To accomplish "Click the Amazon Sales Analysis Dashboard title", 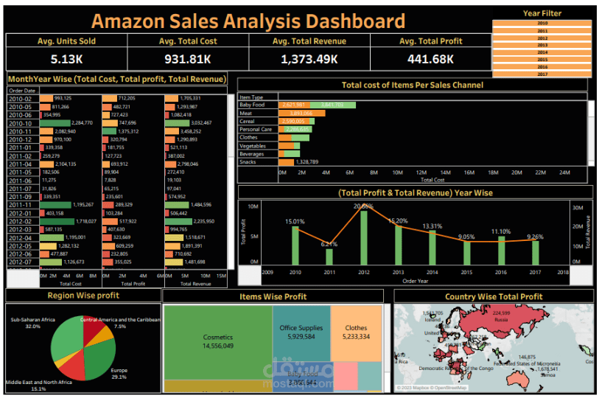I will pos(248,21).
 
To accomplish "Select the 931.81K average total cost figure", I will pos(188,59).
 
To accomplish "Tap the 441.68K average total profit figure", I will pos(430,59).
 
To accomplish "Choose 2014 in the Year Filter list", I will pos(542,53).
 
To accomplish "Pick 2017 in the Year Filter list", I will pos(542,74).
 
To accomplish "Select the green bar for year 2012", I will pos(364,236).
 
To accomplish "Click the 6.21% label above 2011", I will pos(329,244).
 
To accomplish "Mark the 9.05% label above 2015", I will pos(466,237).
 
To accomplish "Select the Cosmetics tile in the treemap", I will pos(217,341).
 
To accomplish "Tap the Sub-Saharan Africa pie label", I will pos(30,321).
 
